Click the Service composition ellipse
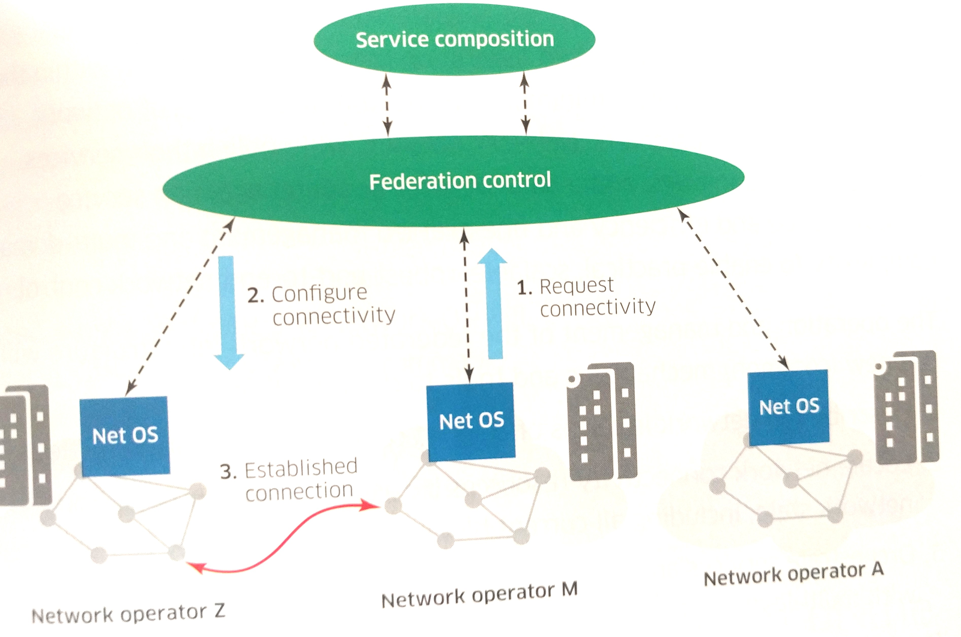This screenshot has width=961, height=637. [x=454, y=40]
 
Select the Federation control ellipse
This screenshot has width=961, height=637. [x=454, y=180]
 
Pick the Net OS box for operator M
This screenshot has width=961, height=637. [x=471, y=420]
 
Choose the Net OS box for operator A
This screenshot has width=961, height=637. [x=788, y=406]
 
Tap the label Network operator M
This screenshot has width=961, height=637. [x=479, y=594]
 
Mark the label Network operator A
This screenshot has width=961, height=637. [x=793, y=573]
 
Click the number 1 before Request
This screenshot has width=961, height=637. [x=524, y=288]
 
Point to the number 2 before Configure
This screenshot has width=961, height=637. [x=255, y=295]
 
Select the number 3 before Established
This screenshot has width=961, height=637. [x=228, y=472]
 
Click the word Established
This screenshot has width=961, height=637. [x=300, y=468]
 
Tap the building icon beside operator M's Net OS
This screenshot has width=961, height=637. [x=602, y=421]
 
